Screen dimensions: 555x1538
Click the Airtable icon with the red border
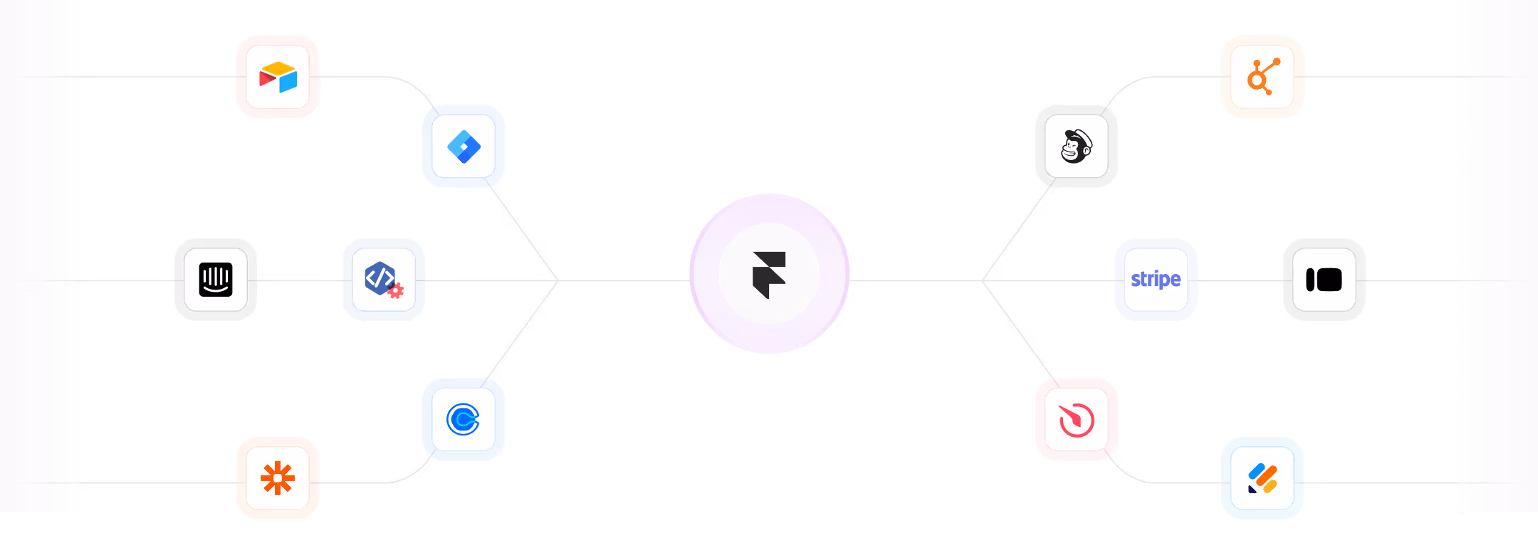coord(278,77)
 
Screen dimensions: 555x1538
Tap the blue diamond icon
coord(464,147)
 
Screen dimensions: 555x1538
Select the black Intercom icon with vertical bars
coord(216,280)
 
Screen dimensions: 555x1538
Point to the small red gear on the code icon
coord(396,290)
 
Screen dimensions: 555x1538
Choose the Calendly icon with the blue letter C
coord(464,419)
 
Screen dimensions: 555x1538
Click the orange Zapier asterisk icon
coord(278,478)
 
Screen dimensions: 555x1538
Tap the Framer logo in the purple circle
coord(769,274)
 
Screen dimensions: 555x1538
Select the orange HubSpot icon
coord(1262,77)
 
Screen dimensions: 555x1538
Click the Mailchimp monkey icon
coord(1077,147)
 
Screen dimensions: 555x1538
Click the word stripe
coord(1156,279)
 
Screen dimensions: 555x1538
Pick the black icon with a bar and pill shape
coord(1324,280)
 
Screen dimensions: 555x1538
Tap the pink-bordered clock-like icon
coord(1077,420)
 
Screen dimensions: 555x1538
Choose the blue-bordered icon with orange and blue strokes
coord(1262,478)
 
